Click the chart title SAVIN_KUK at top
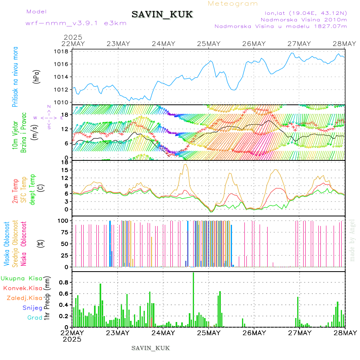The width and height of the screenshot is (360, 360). point(162,15)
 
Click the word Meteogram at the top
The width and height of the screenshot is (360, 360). point(233,4)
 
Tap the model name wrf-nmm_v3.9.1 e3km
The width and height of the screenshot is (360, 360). point(76,23)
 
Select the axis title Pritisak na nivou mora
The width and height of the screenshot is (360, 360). point(15,78)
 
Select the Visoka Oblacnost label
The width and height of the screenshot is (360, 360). point(7,244)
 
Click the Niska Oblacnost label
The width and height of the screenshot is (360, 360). point(24,244)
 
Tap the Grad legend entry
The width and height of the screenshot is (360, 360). point(35,318)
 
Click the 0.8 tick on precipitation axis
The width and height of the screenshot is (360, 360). point(64,282)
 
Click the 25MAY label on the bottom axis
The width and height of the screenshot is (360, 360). point(209,333)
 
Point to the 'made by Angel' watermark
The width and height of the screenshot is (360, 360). point(352,240)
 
